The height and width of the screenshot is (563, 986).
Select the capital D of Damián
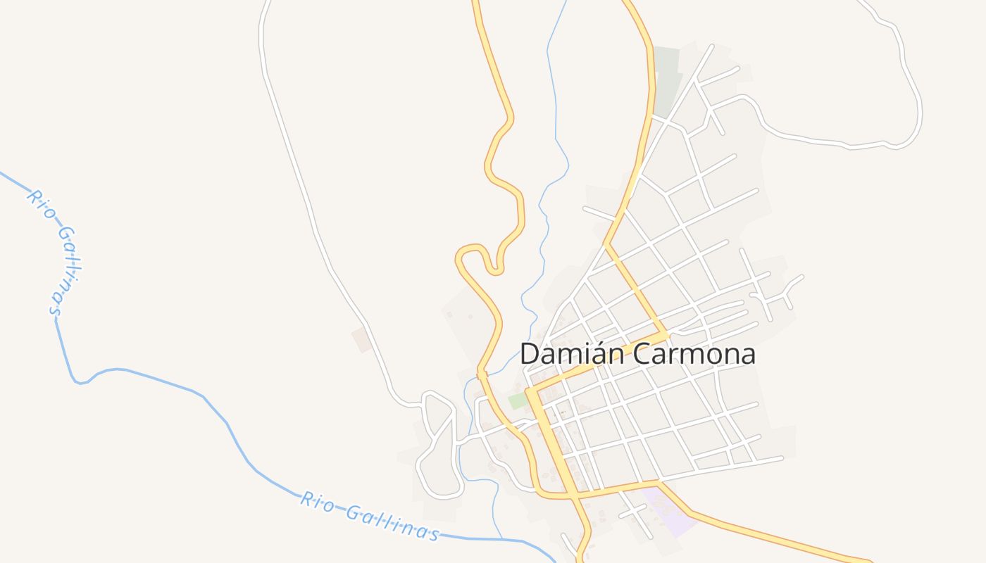point(530,353)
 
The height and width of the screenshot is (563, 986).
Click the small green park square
point(518,401)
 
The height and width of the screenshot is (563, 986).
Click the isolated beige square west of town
point(362,339)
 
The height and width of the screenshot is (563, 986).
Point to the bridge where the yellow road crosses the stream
point(482,374)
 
